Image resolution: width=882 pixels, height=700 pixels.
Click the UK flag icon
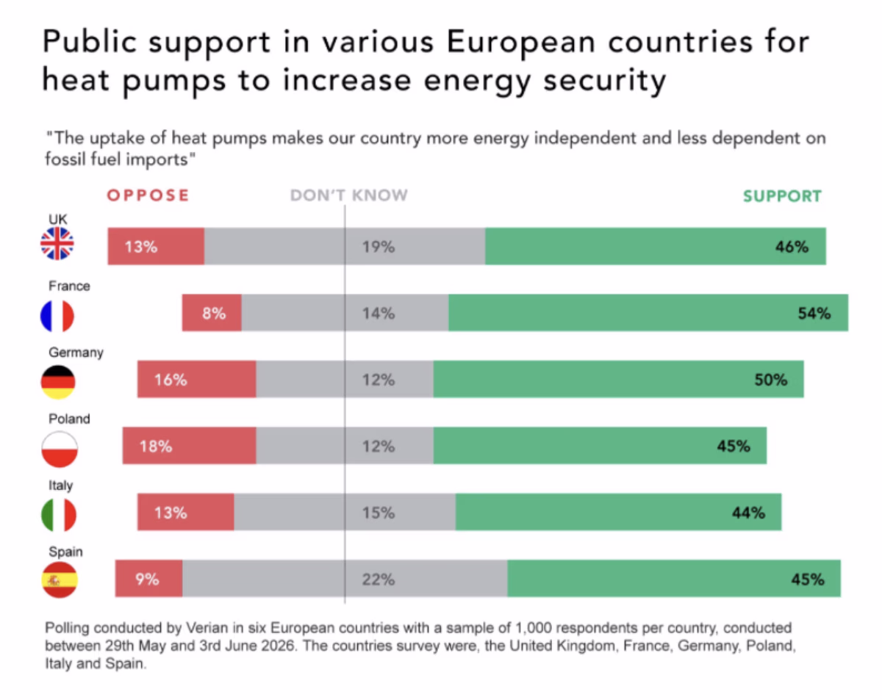(x=57, y=244)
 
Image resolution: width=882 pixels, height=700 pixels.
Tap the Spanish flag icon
(x=60, y=580)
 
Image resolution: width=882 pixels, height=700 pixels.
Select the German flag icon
(x=58, y=382)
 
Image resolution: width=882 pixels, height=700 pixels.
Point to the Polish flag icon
(x=60, y=449)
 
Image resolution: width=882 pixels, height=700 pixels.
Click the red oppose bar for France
(x=212, y=312)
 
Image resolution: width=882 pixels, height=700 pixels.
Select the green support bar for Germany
(x=618, y=379)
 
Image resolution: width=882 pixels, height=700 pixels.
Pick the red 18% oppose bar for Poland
(x=190, y=446)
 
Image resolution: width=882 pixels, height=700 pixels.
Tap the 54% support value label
(x=814, y=314)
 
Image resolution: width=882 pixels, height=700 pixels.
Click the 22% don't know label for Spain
(x=379, y=580)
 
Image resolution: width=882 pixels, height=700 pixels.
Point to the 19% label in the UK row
(x=379, y=247)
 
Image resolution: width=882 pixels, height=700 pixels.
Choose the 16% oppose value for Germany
(x=171, y=380)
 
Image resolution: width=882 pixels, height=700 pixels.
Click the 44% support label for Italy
(x=748, y=513)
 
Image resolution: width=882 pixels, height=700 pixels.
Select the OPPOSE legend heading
(x=148, y=195)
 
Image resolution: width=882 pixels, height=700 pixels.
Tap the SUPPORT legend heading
(x=782, y=196)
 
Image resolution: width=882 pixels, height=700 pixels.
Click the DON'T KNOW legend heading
(x=349, y=195)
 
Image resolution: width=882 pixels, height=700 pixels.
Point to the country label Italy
(x=61, y=486)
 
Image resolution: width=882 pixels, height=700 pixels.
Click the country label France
(x=69, y=286)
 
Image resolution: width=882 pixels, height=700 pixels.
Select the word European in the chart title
(x=520, y=42)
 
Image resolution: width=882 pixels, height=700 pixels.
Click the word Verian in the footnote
(x=207, y=627)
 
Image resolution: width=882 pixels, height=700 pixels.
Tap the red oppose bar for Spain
(x=148, y=578)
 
